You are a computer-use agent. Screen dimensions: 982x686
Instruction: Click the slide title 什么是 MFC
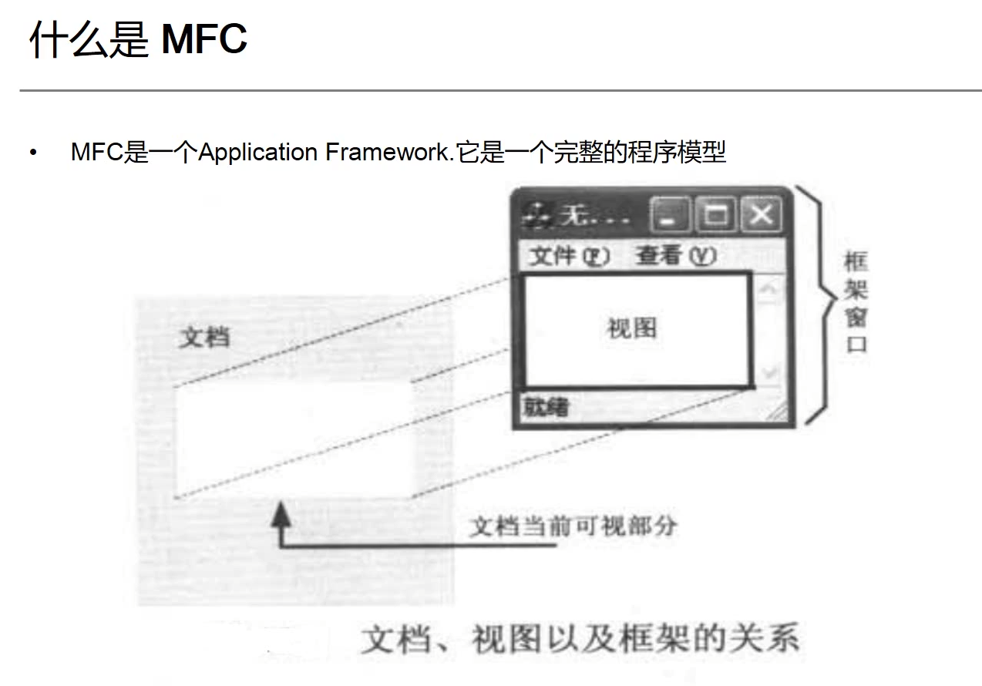coord(138,39)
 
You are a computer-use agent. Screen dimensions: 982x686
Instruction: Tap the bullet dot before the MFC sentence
coord(33,152)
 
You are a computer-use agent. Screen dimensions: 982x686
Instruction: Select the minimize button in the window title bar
coord(671,215)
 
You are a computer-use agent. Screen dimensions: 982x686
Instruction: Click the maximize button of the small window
coord(716,215)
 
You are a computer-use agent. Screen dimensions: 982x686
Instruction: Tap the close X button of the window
coord(761,215)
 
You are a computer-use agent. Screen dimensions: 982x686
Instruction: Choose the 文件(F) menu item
coord(570,256)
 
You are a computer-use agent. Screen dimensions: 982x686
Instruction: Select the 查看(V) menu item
coord(675,256)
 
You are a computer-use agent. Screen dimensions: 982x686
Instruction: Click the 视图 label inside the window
coord(632,328)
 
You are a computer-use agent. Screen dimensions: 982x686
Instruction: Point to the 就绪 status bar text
coord(546,406)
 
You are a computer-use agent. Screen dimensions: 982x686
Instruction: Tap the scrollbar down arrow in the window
coord(768,373)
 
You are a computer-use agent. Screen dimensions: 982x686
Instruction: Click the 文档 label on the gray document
coord(204,338)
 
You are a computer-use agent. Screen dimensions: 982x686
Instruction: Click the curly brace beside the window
coord(816,304)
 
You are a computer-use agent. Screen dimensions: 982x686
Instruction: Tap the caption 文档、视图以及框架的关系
coord(580,640)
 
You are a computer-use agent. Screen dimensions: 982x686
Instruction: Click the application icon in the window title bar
coord(537,216)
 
